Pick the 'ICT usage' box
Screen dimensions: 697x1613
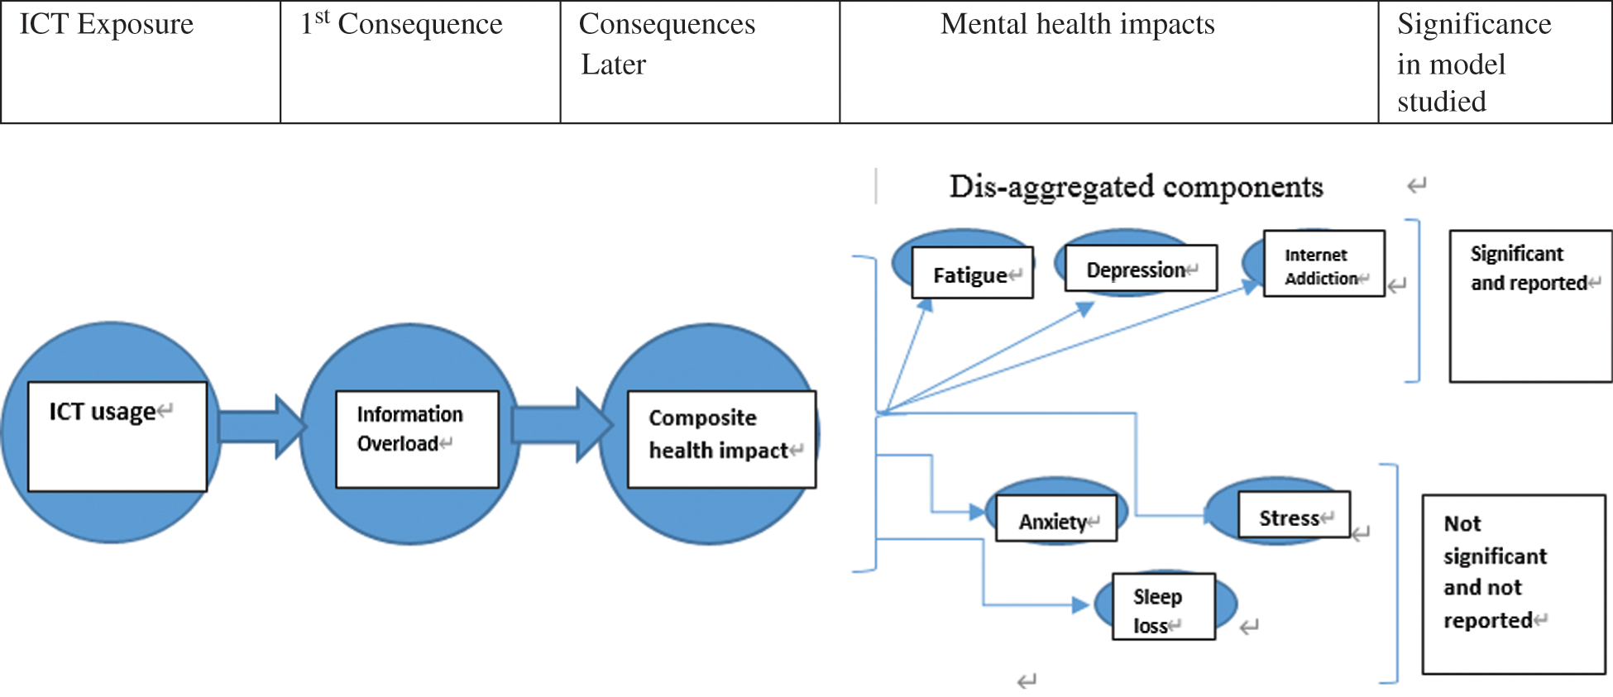[x=117, y=436]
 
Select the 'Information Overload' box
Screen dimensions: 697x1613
[x=417, y=438]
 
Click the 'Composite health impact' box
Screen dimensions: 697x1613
[x=721, y=438]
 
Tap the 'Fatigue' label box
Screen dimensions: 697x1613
[x=972, y=273]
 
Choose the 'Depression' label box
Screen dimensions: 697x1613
[x=1140, y=268]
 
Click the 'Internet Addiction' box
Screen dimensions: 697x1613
[x=1323, y=264]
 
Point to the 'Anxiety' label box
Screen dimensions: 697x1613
[x=1055, y=518]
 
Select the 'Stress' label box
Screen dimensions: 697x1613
[x=1293, y=514]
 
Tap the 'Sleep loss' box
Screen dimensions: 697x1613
[x=1163, y=607]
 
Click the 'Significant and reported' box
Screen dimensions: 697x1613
[x=1530, y=306]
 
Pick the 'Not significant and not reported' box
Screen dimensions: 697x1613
[x=1513, y=584]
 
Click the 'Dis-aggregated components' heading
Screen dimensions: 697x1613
[x=1136, y=187]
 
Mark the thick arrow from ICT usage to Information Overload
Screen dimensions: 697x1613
[x=261, y=427]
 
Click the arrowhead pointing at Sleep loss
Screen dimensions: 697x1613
[x=1080, y=605]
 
